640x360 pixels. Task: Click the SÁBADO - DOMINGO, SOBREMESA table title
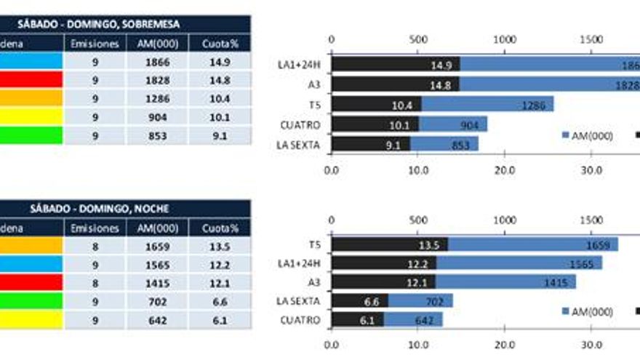pyautogui.click(x=124, y=24)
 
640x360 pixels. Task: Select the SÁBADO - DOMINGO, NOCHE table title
pyautogui.click(x=124, y=209)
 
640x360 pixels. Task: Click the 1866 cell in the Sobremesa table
pyautogui.click(x=157, y=63)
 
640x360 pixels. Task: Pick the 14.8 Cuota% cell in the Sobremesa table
pyautogui.click(x=219, y=81)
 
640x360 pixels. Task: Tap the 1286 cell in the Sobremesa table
pyautogui.click(x=157, y=99)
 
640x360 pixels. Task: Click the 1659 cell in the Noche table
pyautogui.click(x=157, y=247)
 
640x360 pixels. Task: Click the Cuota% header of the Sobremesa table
pyautogui.click(x=219, y=44)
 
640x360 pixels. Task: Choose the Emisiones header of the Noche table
pyautogui.click(x=95, y=228)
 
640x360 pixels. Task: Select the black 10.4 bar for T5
pyautogui.click(x=376, y=105)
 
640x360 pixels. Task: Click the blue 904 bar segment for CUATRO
pyautogui.click(x=452, y=124)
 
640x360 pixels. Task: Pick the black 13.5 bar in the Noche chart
pyautogui.click(x=389, y=244)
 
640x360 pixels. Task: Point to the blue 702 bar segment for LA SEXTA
pyautogui.click(x=420, y=300)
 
